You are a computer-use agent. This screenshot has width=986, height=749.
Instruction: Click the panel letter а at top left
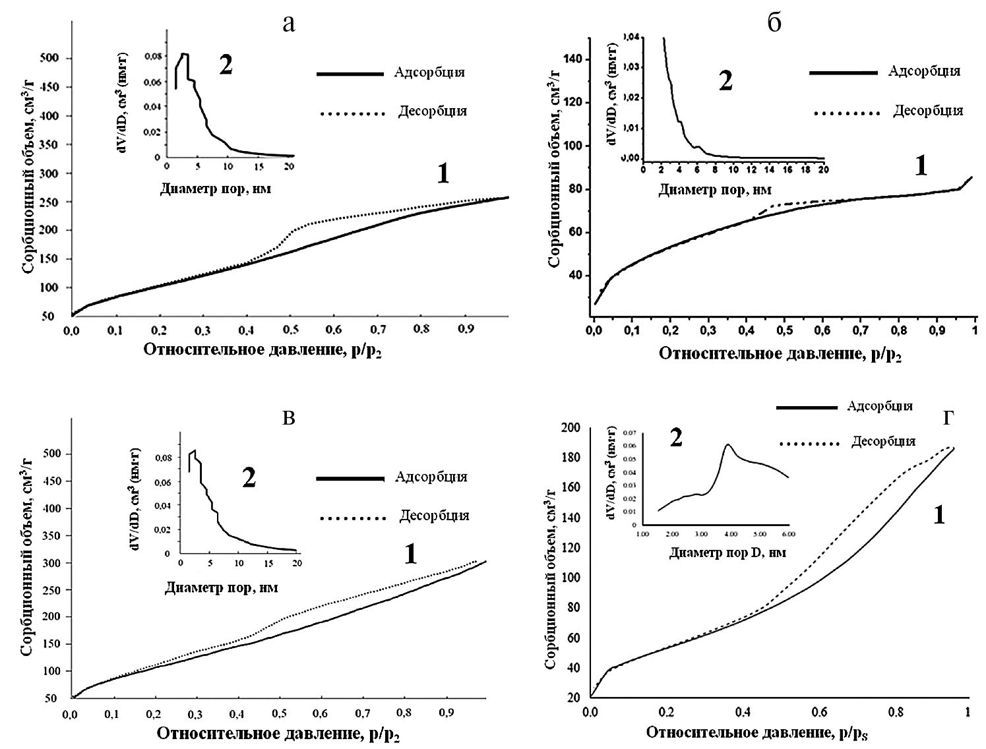pyautogui.click(x=288, y=25)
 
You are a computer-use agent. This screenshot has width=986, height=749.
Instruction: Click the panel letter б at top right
pyautogui.click(x=775, y=24)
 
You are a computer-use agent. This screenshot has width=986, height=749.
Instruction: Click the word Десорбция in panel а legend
pyautogui.click(x=432, y=111)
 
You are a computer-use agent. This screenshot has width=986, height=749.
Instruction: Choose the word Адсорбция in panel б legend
pyautogui.click(x=924, y=71)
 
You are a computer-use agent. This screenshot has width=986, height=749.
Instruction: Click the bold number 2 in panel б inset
pyautogui.click(x=725, y=81)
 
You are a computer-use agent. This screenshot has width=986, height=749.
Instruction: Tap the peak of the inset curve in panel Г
pyautogui.click(x=728, y=444)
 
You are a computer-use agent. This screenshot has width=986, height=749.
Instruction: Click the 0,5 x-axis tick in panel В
pyautogui.click(x=280, y=713)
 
